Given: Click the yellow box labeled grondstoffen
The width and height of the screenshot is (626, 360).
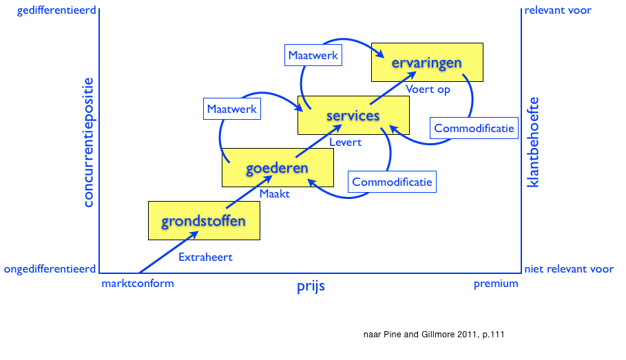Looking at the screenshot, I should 204,220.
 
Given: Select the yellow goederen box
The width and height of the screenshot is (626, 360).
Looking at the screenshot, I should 278,167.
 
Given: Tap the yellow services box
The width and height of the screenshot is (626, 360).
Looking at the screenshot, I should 353,115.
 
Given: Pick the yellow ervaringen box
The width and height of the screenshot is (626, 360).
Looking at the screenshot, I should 427,62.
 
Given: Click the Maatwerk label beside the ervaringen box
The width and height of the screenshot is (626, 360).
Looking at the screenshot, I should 313,55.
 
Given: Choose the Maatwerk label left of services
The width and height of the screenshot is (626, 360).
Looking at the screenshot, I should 232,109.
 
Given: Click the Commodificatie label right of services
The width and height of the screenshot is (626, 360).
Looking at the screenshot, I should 474,128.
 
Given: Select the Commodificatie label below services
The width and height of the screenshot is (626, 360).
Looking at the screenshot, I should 392,182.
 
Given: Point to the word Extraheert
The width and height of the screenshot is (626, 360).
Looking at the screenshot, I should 205,257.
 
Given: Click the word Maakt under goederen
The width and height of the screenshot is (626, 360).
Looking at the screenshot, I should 274,194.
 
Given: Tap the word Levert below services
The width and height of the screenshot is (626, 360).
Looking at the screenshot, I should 345,142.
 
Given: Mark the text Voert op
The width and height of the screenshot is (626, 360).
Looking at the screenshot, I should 428,89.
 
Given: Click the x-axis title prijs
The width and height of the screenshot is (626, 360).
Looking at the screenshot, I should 310,286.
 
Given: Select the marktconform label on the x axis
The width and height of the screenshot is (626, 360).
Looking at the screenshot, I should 138,284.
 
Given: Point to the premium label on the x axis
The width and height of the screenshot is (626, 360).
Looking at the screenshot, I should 496,284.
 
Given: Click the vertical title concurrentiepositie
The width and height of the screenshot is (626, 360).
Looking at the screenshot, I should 87,141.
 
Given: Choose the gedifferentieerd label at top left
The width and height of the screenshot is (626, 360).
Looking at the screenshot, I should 49,10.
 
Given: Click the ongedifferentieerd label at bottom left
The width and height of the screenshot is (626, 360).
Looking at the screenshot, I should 49,268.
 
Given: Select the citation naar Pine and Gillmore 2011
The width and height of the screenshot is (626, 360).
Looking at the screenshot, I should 434,335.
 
